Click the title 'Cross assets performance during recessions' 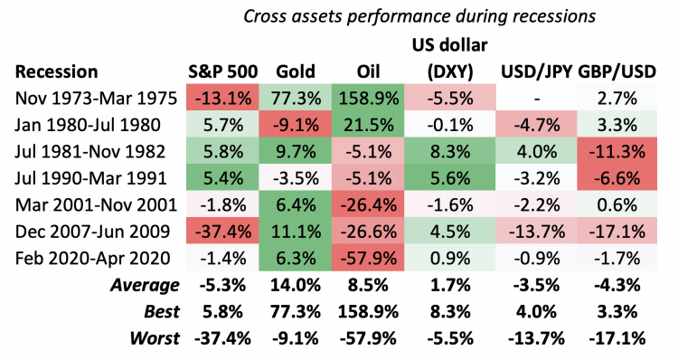pos(419,16)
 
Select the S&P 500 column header pos(222,71)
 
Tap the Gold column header pos(296,71)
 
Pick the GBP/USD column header pos(617,71)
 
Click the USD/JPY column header pos(537,71)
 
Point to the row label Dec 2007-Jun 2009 pos(92,232)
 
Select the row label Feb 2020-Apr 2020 pos(93,259)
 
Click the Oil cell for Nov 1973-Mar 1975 pos(368,99)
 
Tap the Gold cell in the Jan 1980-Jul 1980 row pos(296,125)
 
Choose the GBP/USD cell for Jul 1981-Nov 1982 pos(617,151)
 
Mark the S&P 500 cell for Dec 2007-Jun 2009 pos(222,232)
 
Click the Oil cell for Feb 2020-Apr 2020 pos(368,259)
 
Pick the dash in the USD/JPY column pos(537,99)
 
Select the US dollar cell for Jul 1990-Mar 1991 pos(450,178)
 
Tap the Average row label pos(145,285)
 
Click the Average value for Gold pos(296,285)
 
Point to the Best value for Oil pos(368,311)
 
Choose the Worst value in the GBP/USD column pos(617,338)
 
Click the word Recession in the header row pos(57,71)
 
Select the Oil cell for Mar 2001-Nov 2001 pos(368,205)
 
